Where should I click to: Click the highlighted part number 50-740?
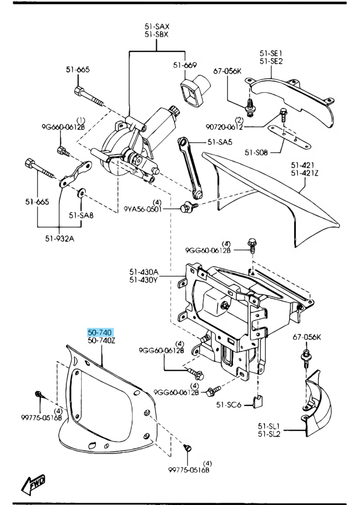click(99, 332)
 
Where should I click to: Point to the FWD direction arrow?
click(34, 484)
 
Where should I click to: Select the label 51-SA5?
click(219, 142)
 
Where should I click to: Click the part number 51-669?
click(185, 65)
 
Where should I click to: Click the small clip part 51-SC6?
click(258, 402)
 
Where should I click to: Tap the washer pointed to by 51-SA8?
click(81, 192)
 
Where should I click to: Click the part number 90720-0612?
click(224, 127)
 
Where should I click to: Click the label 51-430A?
click(143, 272)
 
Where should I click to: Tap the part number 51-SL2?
click(269, 434)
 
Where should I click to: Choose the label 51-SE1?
click(271, 53)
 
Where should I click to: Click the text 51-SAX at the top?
click(157, 26)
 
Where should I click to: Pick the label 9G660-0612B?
click(63, 127)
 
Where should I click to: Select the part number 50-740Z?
click(102, 341)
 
